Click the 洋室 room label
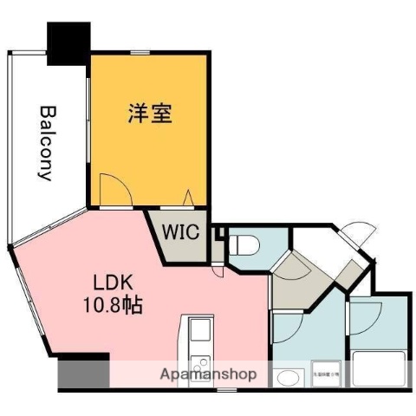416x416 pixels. click(x=149, y=114)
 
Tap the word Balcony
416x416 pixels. click(x=47, y=142)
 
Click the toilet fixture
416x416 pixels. click(x=244, y=244)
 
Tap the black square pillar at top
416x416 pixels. click(x=68, y=42)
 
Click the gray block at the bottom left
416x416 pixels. click(x=83, y=374)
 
